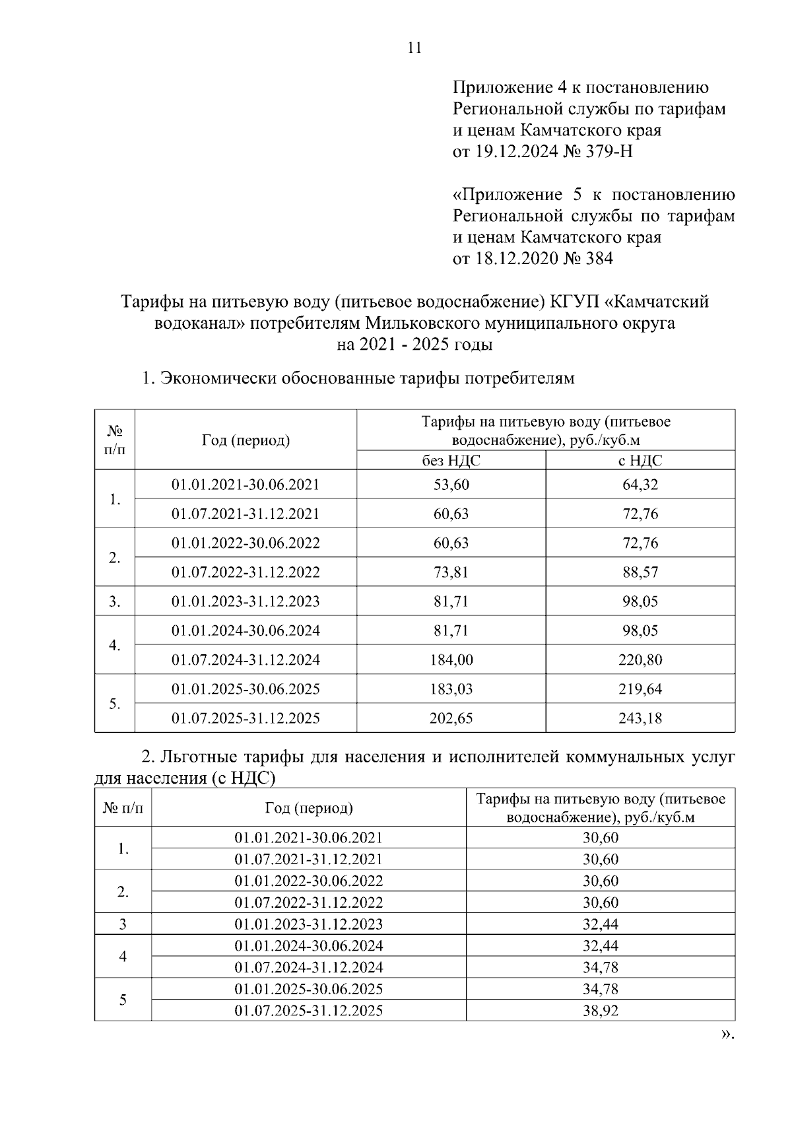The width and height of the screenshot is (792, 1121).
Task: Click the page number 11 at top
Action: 414,48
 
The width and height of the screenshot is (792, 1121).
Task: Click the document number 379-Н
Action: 607,152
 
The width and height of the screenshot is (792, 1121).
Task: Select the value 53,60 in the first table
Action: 451,485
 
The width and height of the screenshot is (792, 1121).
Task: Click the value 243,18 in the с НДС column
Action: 640,718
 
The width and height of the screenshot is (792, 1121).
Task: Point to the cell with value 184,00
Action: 451,660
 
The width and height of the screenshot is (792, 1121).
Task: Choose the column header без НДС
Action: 451,460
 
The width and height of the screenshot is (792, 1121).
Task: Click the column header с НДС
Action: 640,460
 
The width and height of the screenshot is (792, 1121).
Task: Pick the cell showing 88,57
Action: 640,572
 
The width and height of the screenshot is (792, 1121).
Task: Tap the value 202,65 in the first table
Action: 451,718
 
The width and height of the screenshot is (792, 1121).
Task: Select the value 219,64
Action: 640,689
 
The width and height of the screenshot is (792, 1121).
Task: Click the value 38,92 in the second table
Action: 600,1010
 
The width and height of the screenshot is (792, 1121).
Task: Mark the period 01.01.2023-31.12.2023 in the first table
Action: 246,601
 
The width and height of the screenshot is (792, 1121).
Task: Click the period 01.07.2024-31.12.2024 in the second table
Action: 308,967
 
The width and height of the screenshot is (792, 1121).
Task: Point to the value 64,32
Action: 640,485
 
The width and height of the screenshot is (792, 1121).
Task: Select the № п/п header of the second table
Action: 123,808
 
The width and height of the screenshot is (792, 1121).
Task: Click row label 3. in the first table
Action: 115,601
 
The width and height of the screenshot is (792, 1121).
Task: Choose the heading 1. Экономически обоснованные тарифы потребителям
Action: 358,378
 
